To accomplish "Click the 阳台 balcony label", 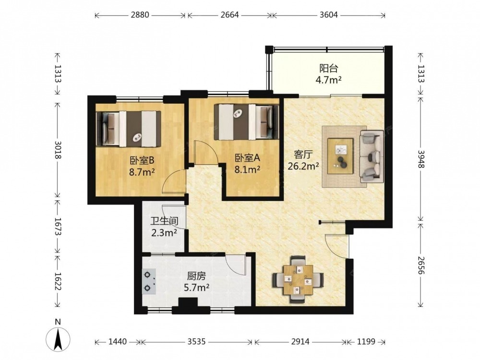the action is click(328, 68).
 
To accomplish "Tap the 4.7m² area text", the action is click(328, 80).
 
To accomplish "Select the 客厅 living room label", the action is click(303, 155).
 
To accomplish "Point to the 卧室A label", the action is click(247, 158).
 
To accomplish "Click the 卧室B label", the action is click(142, 160).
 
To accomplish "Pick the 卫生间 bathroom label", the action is click(164, 221).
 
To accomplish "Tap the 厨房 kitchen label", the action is click(196, 276).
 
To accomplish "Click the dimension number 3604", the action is click(328, 15).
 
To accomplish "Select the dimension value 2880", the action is click(140, 15).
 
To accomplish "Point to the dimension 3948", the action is click(421, 159).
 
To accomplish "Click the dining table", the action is click(298, 279).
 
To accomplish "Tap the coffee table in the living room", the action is click(340, 156).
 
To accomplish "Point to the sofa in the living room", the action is click(372, 156).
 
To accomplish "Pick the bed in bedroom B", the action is click(129, 129).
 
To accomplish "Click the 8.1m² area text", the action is click(247, 169).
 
